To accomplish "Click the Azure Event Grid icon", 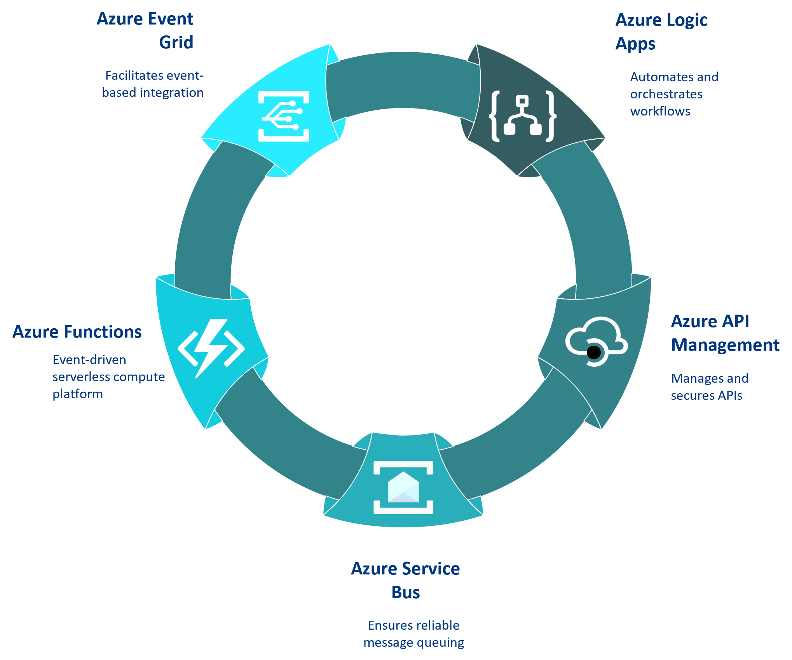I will (284, 116).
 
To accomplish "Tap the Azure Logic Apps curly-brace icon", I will (523, 116).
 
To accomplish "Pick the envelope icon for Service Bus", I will (403, 487).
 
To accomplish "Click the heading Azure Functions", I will (77, 332).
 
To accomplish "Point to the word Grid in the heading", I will (176, 42).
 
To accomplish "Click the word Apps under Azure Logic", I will (635, 44).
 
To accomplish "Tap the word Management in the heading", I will (725, 345).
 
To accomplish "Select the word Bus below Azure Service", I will (406, 592).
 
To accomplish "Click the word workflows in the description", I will (660, 111).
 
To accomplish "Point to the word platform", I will (78, 394).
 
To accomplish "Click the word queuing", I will (440, 642).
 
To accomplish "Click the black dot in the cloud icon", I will (593, 353).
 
